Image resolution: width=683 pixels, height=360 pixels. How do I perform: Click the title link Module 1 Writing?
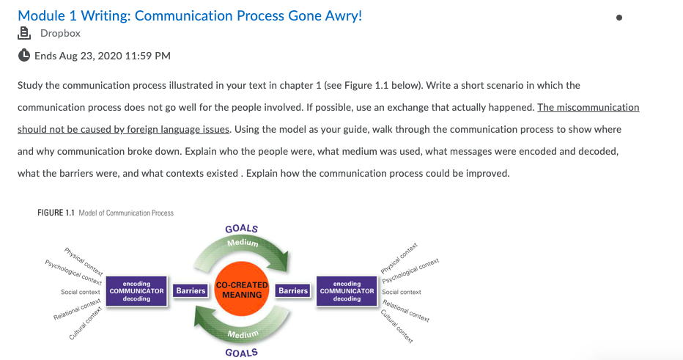[190, 15]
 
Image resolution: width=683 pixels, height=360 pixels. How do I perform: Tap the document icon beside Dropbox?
[24, 33]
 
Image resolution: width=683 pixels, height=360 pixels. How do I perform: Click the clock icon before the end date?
[24, 55]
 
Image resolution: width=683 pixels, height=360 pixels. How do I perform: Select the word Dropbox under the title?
[60, 33]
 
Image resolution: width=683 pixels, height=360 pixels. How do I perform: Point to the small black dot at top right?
[619, 18]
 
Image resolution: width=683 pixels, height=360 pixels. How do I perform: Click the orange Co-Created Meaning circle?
[242, 290]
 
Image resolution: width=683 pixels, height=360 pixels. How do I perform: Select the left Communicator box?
[136, 291]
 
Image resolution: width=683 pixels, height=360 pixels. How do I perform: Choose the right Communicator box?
[347, 291]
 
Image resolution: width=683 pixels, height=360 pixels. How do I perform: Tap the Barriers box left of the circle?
[191, 290]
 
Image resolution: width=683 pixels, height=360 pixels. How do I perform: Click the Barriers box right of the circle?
[293, 290]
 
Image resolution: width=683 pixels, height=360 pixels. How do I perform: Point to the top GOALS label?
[242, 228]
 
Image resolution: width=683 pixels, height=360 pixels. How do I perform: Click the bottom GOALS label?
[242, 353]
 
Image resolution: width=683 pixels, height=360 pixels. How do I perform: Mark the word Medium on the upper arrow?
[243, 243]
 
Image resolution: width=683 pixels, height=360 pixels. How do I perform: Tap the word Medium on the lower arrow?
[243, 335]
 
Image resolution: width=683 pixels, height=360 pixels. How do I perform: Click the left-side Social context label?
[81, 292]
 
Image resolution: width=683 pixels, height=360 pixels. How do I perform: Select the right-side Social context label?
[402, 292]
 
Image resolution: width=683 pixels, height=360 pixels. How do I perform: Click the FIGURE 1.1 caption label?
[56, 213]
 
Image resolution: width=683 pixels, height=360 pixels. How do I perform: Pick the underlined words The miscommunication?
[588, 107]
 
